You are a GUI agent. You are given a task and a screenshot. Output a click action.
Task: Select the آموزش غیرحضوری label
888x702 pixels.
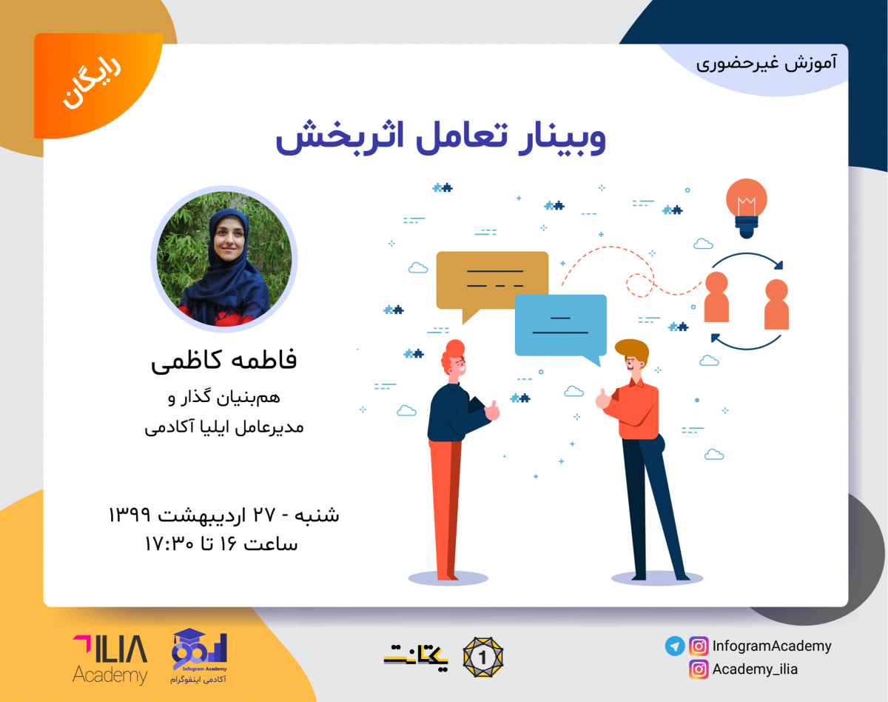click(766, 62)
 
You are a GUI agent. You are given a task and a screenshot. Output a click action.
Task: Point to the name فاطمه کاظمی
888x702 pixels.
click(223, 361)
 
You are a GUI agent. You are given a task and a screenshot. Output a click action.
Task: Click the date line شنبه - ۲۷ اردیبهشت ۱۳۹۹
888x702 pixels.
click(223, 514)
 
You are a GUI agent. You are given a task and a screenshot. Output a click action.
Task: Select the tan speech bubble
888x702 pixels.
click(491, 281)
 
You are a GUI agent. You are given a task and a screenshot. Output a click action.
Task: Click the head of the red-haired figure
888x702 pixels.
click(454, 361)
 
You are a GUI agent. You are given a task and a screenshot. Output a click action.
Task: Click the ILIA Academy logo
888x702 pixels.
click(110, 657)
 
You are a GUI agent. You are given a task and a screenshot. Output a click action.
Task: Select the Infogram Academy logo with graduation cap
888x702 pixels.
click(198, 655)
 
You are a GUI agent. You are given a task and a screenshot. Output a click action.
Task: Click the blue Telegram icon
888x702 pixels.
click(674, 646)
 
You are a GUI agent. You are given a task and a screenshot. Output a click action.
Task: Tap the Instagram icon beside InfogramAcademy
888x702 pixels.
click(699, 646)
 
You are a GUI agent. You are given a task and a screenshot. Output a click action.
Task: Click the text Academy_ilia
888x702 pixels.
click(755, 669)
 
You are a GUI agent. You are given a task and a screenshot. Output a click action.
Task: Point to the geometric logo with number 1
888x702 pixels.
click(482, 656)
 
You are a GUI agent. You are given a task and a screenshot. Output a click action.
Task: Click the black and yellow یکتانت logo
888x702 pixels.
click(416, 655)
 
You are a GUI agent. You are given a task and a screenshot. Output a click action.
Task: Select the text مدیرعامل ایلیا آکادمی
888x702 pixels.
click(224, 427)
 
